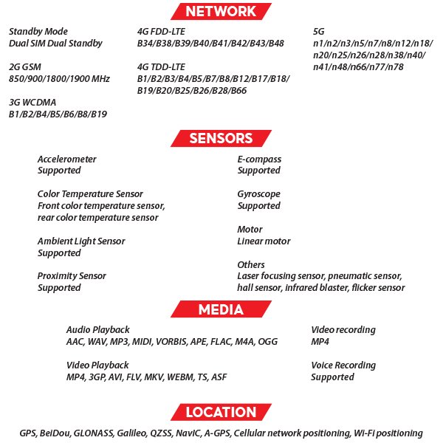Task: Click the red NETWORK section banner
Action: [x=221, y=11]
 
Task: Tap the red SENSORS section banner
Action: [x=221, y=138]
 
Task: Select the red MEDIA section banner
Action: [x=221, y=309]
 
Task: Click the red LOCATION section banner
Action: [x=221, y=412]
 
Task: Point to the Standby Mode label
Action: [x=38, y=32]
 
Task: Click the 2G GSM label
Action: [x=25, y=66]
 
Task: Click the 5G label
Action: [x=319, y=32]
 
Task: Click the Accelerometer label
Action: [x=66, y=159]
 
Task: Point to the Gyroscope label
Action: [x=259, y=194]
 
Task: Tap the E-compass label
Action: [x=259, y=159]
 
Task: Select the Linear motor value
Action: [x=264, y=241]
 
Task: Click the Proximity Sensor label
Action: [x=72, y=276]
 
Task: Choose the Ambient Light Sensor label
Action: [x=81, y=241]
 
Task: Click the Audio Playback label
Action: [x=97, y=329]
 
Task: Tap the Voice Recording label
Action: [x=343, y=365]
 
